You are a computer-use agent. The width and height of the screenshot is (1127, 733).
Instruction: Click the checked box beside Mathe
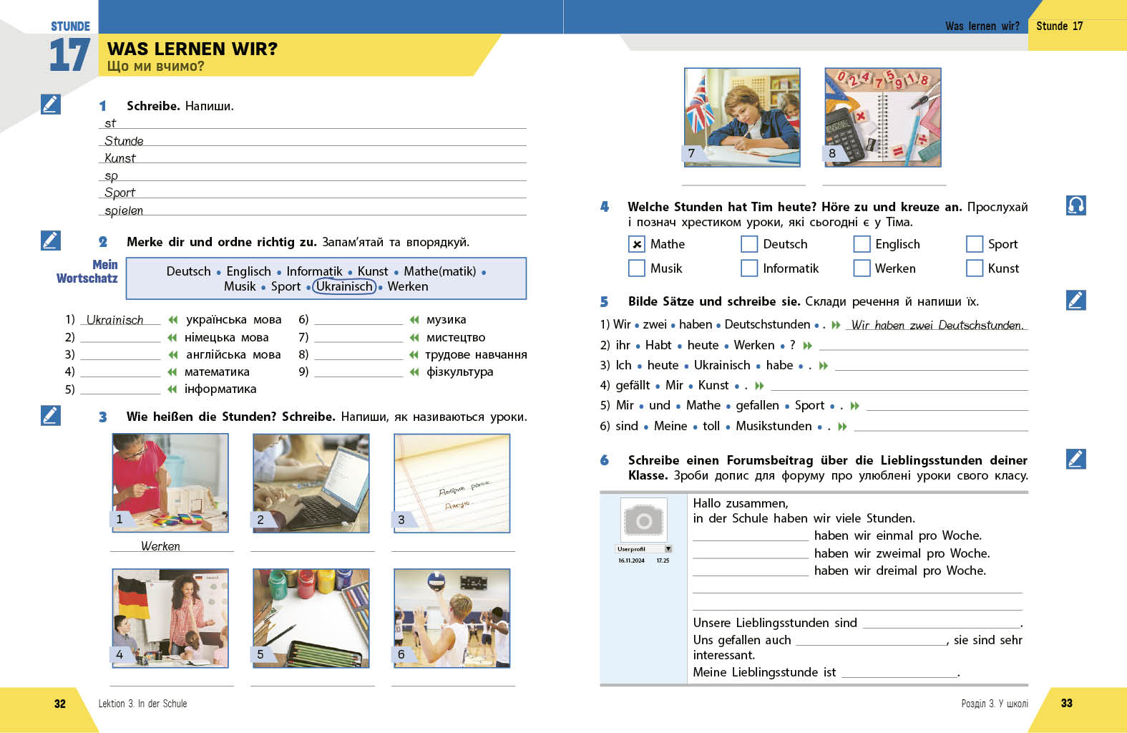636,244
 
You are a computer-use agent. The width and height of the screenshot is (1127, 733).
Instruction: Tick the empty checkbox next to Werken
862,268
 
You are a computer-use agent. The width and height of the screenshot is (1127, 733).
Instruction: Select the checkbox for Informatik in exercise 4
749,268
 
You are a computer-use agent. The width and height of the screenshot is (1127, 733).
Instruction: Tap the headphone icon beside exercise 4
1075,205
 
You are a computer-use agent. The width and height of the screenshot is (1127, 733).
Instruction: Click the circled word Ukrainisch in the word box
344,286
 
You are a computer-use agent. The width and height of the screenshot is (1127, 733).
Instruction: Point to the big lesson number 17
69,55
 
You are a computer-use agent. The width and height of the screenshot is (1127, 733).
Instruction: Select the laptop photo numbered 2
311,483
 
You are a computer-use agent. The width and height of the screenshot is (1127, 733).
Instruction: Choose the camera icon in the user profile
643,520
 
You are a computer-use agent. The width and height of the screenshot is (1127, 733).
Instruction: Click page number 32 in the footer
60,704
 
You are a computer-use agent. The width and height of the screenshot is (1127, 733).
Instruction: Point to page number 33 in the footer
1067,703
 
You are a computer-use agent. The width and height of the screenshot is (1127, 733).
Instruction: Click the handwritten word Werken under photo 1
160,546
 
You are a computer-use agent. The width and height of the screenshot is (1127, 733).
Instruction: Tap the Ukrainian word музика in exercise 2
446,319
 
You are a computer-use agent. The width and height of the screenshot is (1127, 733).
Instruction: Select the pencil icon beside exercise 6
1075,459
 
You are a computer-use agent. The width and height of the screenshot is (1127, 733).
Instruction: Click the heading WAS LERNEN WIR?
192,49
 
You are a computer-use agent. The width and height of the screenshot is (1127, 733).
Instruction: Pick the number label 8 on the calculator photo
832,153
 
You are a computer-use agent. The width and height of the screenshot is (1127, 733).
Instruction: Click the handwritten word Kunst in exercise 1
120,158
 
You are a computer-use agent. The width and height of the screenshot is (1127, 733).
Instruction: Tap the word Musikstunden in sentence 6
774,426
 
